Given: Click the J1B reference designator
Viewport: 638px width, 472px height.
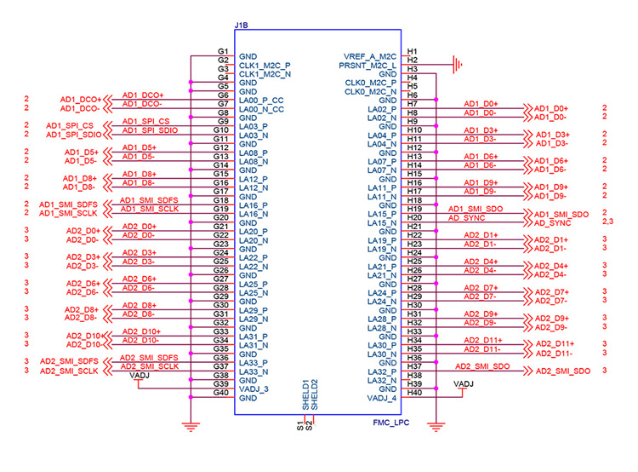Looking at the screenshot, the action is click(x=241, y=26).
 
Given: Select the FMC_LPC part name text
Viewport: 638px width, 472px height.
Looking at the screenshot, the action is click(x=390, y=423).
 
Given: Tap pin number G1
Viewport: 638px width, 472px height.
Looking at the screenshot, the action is click(x=223, y=51).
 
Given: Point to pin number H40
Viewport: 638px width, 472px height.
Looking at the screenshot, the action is click(x=414, y=393).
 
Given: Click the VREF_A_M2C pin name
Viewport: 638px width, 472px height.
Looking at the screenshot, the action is click(x=369, y=56).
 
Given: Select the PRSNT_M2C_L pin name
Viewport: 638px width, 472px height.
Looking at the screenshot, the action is click(x=367, y=66).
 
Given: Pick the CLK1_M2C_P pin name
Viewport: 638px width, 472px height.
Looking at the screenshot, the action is click(x=265, y=66).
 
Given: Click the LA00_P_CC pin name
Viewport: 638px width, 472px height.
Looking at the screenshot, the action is click(x=261, y=101).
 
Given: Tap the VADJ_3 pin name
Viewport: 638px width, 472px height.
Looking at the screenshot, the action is click(x=253, y=389).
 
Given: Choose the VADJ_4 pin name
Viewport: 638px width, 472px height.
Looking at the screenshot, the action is click(x=382, y=398).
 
